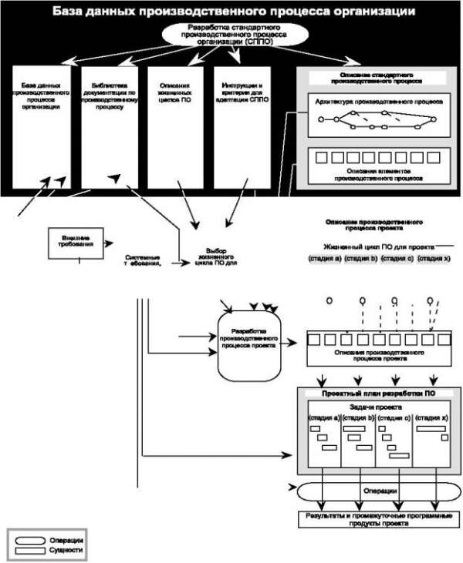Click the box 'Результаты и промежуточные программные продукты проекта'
[374, 518]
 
